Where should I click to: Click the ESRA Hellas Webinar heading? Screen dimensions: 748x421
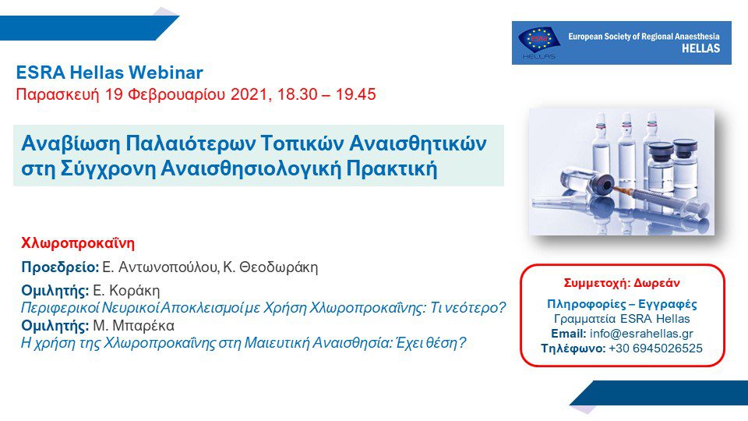click(x=109, y=73)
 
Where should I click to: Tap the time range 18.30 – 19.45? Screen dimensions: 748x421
click(x=326, y=94)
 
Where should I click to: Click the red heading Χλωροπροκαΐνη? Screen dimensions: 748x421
click(x=78, y=243)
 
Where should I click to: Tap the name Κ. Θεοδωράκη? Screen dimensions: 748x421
click(x=270, y=267)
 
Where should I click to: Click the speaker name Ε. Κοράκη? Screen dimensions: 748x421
click(x=126, y=290)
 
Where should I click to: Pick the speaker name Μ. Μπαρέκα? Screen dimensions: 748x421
click(x=133, y=326)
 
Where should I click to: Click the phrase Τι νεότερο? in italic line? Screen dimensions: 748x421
click(x=467, y=308)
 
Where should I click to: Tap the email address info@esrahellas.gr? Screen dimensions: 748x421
click(x=641, y=334)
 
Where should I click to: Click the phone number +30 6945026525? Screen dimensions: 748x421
click(x=655, y=348)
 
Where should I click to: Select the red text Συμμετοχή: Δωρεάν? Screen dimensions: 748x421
click(x=622, y=283)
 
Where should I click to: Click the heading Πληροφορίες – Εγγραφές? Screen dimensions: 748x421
click(x=622, y=304)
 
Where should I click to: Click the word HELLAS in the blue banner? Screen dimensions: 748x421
click(x=700, y=48)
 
